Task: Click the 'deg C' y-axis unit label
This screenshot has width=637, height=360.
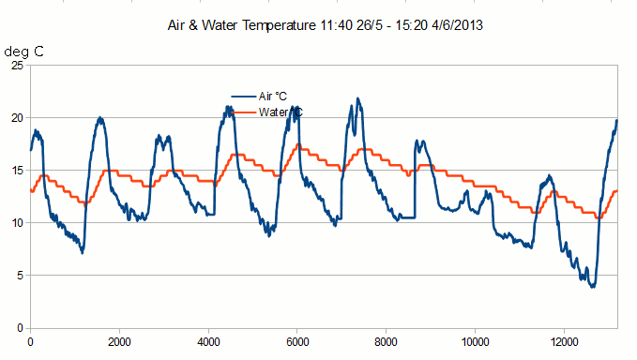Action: click(x=24, y=52)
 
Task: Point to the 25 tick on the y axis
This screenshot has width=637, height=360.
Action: click(x=16, y=66)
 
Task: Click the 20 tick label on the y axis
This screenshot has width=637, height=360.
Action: click(x=16, y=118)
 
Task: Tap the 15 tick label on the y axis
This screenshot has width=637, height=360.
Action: click(x=16, y=171)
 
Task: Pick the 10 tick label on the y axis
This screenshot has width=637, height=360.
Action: click(x=16, y=223)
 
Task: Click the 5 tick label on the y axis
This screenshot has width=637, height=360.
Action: click(x=20, y=276)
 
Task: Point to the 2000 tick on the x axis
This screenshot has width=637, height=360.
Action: click(x=119, y=342)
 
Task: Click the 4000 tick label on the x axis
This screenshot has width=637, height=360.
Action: click(x=208, y=342)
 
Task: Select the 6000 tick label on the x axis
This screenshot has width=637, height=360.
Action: click(x=297, y=342)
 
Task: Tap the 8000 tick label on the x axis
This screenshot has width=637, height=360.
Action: click(x=387, y=342)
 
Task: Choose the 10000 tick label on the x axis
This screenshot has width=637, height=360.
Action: click(x=476, y=342)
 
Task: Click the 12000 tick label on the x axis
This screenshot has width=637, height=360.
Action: click(x=565, y=342)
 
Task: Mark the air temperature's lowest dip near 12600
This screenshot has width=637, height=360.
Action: click(x=593, y=286)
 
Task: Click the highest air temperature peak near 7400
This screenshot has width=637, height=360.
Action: click(x=357, y=98)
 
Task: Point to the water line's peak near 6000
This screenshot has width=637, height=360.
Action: click(x=298, y=145)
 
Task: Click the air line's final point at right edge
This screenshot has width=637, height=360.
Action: click(x=617, y=120)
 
